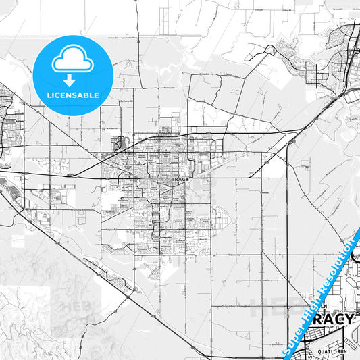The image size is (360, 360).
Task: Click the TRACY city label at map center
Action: [x=180, y=180]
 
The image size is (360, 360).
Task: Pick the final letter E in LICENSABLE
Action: [x=97, y=95]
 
